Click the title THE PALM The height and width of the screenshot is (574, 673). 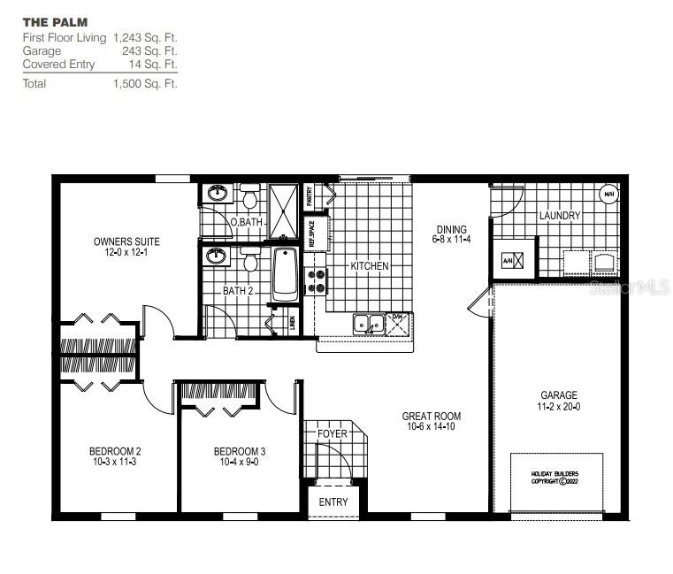(x=55, y=21)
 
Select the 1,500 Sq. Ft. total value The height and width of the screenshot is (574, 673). (x=145, y=84)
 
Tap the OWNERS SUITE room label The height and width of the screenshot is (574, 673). (x=127, y=241)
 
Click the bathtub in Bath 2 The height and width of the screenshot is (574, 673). (x=285, y=273)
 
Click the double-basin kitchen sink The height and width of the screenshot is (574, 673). (x=368, y=324)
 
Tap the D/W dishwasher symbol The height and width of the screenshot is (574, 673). (x=398, y=325)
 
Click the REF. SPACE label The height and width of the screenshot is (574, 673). (x=311, y=231)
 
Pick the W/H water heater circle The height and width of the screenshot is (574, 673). (x=608, y=194)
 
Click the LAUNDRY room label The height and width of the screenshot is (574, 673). (x=559, y=216)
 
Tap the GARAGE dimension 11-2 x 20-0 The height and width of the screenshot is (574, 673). (x=559, y=407)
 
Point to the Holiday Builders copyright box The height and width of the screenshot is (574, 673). (x=555, y=478)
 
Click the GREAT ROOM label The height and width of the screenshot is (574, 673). (x=432, y=416)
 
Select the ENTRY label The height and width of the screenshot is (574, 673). (x=334, y=502)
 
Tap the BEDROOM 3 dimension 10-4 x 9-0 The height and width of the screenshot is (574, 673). (x=239, y=462)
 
